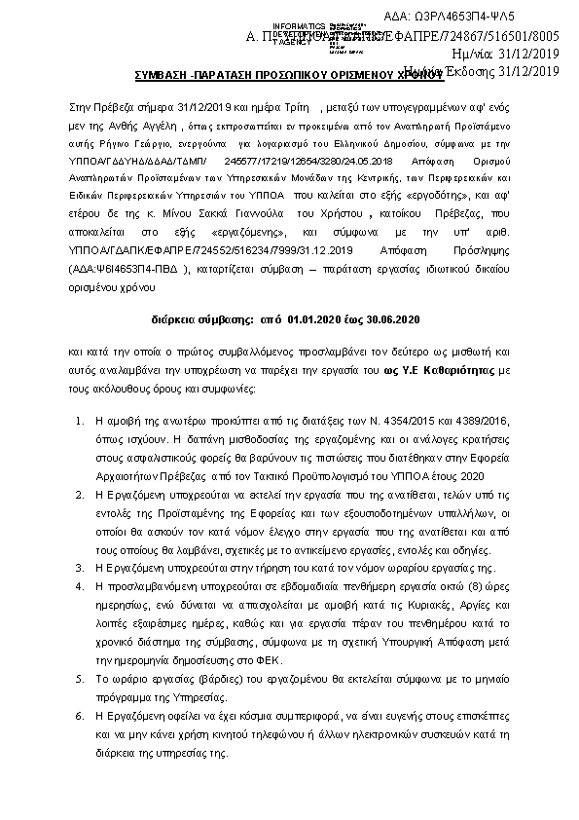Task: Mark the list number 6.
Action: pyautogui.click(x=79, y=714)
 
